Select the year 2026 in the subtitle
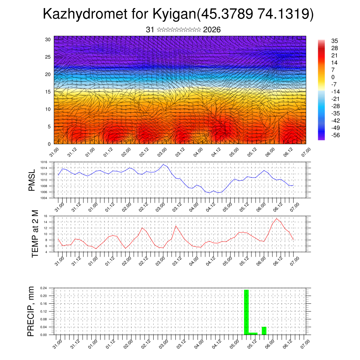[x=212, y=30]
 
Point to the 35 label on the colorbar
[x=334, y=41]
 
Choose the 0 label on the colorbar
[x=333, y=77]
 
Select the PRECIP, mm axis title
[x=32, y=311]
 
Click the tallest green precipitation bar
[x=246, y=311]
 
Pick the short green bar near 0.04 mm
[x=264, y=331]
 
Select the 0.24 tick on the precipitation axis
[x=44, y=288]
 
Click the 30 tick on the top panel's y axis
[x=48, y=39]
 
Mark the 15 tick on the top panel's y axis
[x=48, y=92]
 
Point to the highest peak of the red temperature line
[x=277, y=219]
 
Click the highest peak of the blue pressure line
[x=163, y=165]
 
